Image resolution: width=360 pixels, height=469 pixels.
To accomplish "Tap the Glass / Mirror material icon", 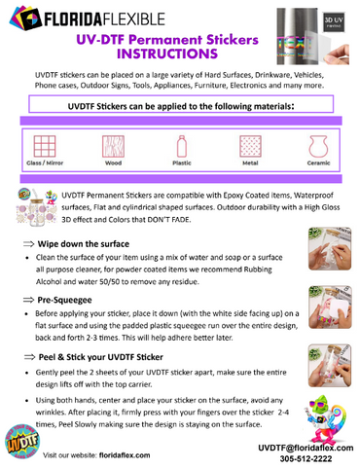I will tap(44, 147).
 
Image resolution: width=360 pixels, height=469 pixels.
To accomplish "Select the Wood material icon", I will tap(113, 147).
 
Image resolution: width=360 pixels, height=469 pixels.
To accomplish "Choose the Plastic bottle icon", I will tap(180, 147).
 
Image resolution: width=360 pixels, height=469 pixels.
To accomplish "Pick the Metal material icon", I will tap(249, 147).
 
